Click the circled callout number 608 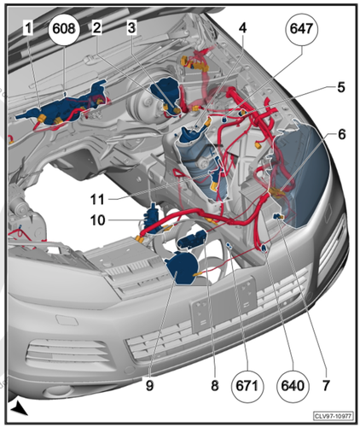pyautogui.click(x=64, y=29)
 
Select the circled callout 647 pyautogui.click(x=302, y=29)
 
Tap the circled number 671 pyautogui.click(x=247, y=386)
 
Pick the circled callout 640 pyautogui.click(x=293, y=386)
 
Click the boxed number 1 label pyautogui.click(x=28, y=28)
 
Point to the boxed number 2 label pyautogui.click(x=97, y=28)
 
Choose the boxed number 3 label pyautogui.click(x=131, y=28)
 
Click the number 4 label pyautogui.click(x=242, y=28)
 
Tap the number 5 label pyautogui.click(x=341, y=87)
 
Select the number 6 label pyautogui.click(x=342, y=134)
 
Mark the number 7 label pyautogui.click(x=326, y=385)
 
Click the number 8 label pyautogui.click(x=215, y=385)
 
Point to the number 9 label pyautogui.click(x=150, y=385)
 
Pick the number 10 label pyautogui.click(x=98, y=220)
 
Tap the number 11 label pyautogui.click(x=97, y=199)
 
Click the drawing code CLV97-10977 pyautogui.click(x=334, y=416)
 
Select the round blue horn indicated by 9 pyautogui.click(x=182, y=269)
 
